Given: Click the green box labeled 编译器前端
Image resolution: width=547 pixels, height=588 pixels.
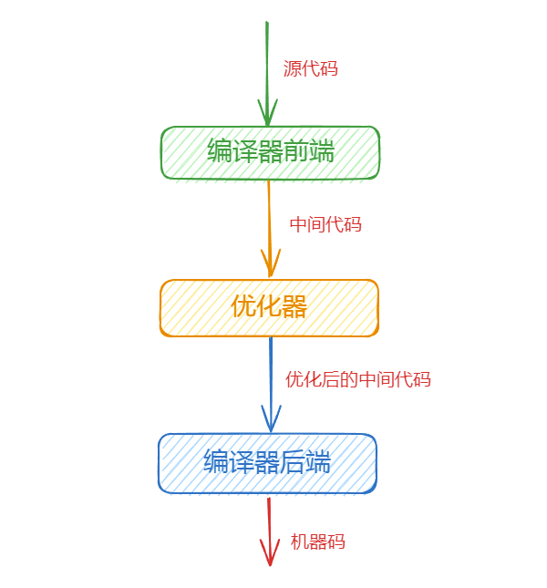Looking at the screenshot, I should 270,152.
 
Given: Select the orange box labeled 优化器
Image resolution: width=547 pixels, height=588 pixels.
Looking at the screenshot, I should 269,308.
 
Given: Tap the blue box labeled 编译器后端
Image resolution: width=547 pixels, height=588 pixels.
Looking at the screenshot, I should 268,463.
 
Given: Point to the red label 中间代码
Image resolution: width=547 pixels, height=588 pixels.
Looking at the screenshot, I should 325,224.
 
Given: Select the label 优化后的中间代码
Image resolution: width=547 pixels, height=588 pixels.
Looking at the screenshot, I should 357,379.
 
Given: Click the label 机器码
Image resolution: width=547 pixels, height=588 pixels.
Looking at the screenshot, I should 317,542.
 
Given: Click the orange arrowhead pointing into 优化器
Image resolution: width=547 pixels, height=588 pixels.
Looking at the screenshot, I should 271,267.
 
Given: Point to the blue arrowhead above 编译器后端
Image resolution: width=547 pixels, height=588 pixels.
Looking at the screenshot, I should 270,422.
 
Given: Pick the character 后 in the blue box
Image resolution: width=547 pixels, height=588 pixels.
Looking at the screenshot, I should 293,462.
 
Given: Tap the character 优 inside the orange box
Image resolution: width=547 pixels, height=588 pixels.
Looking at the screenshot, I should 243,307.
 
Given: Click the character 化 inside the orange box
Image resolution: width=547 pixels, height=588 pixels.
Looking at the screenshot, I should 269,307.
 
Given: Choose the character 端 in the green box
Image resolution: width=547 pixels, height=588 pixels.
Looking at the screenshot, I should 322,151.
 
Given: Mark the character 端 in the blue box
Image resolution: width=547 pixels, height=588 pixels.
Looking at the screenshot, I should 318,462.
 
